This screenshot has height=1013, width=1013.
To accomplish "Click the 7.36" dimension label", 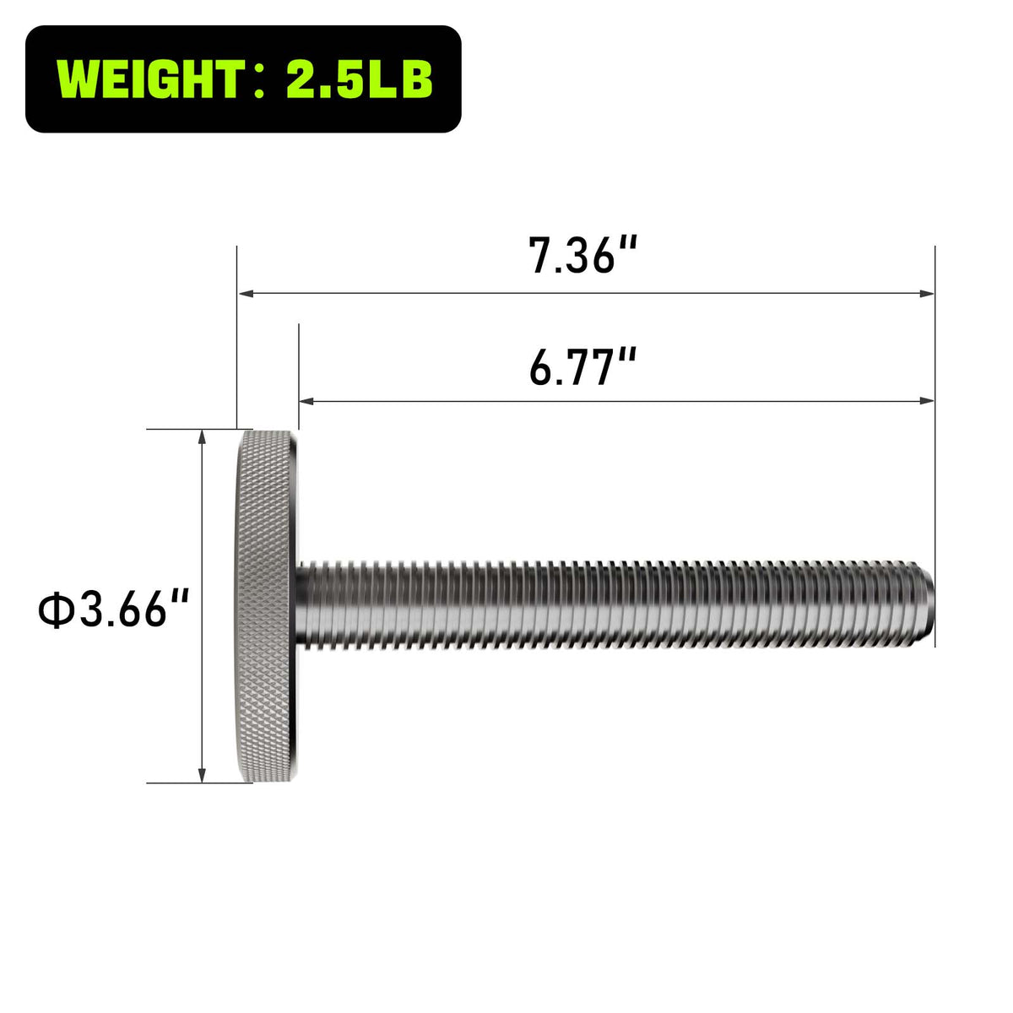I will click(582, 255).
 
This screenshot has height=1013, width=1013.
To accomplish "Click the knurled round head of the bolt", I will click(267, 606).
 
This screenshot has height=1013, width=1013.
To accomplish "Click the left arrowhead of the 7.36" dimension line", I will click(246, 294).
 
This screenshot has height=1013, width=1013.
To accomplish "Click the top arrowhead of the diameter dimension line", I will click(202, 436).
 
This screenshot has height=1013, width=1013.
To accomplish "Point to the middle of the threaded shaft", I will click(616, 604).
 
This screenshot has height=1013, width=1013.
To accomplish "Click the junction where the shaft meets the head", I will click(301, 604).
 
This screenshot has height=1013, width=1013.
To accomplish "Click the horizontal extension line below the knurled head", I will click(181, 783).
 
